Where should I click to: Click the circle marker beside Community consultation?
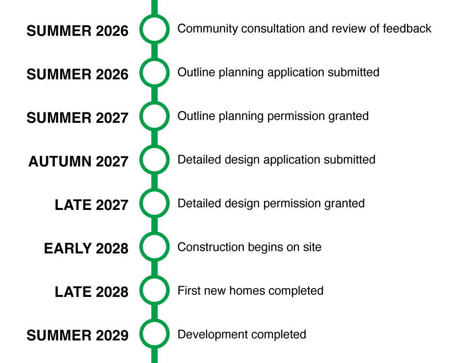coord(154,17)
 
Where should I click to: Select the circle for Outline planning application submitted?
coord(154,60)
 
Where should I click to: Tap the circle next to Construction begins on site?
coord(154,234)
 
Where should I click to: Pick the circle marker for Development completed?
coord(154,321)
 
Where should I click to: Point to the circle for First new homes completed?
coord(154,277)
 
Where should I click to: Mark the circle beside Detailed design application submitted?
coord(154,147)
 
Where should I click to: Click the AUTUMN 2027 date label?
coord(78,161)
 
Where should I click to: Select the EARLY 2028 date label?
coord(86,248)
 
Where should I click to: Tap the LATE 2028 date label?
coord(92,292)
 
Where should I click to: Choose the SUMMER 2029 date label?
coord(77,335)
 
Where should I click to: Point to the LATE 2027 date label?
coord(92,205)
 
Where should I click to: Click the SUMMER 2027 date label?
coord(77,118)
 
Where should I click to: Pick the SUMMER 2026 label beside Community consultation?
coord(77,31)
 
